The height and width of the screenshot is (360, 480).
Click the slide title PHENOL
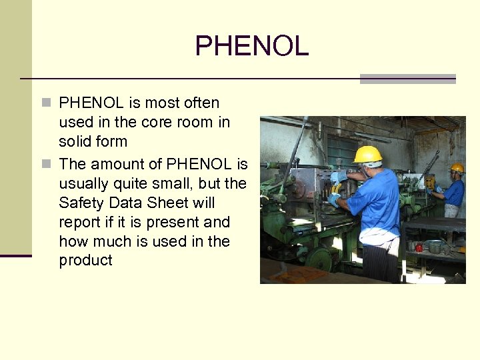coord(251,46)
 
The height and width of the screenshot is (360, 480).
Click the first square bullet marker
coord(45,103)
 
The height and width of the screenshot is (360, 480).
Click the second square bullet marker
coord(45,164)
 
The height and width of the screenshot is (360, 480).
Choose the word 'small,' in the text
coord(171,183)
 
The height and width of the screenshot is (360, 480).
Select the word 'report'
coord(80,222)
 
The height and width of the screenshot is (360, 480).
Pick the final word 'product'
coord(86,261)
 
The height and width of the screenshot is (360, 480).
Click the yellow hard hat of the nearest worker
coord(367,155)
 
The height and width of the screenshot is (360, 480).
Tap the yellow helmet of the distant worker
coord(457,168)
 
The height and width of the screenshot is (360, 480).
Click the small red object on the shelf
coord(419,247)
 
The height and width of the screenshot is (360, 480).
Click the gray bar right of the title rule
coord(407,79)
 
